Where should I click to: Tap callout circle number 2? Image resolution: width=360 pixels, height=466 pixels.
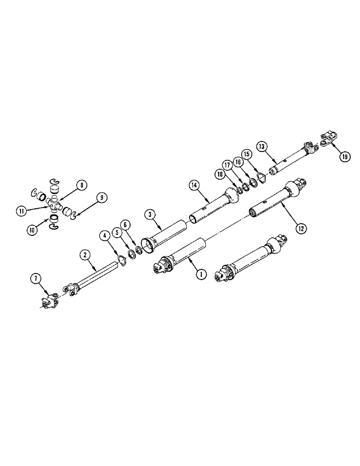pos(84,255)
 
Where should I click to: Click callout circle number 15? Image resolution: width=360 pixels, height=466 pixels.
pos(247,154)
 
